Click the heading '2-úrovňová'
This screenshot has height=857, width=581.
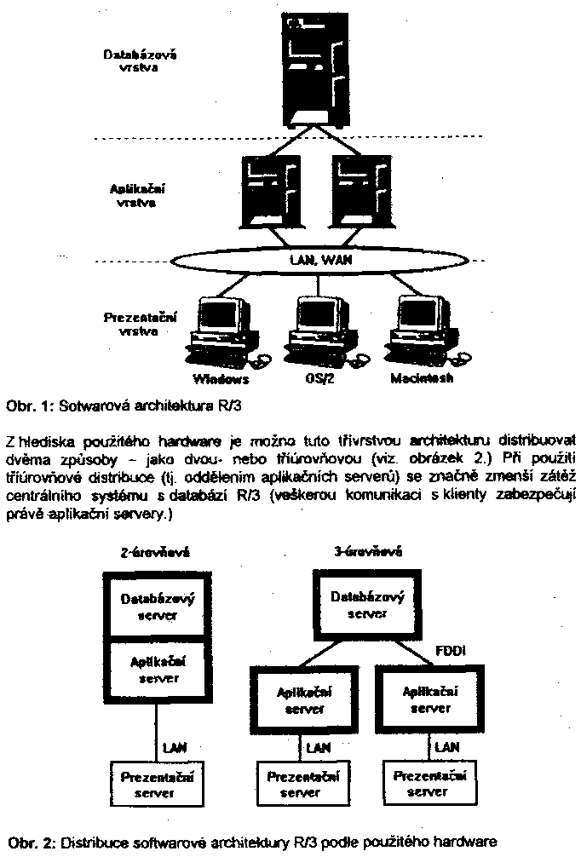coord(156,551)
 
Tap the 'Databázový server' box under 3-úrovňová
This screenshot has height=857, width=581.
coord(366,605)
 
